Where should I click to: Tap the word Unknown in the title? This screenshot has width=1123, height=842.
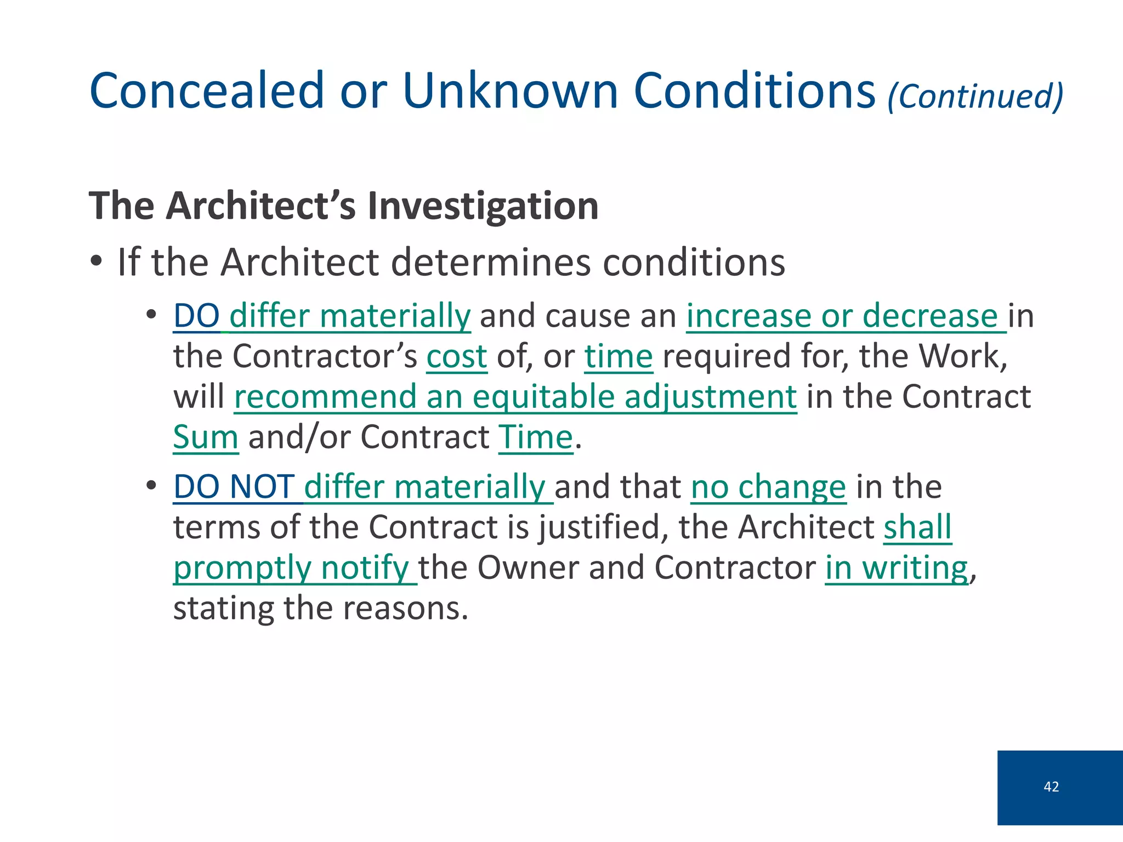[x=511, y=90]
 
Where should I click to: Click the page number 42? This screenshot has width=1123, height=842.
[x=1051, y=787]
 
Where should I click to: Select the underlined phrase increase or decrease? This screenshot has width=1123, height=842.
[x=846, y=316]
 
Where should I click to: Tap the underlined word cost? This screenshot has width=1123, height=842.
[x=457, y=357]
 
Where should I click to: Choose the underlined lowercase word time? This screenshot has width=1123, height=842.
[x=619, y=357]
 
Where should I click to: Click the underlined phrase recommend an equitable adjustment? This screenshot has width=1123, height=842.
[x=515, y=397]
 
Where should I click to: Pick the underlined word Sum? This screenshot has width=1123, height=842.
[x=206, y=437]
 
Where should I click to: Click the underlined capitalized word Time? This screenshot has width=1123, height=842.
[x=536, y=437]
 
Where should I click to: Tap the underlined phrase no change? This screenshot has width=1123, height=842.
[x=768, y=487]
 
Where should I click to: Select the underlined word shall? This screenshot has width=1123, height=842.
[x=917, y=527]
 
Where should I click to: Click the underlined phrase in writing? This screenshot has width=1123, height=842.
[x=897, y=568]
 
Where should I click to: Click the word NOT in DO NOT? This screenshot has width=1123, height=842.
[x=262, y=487]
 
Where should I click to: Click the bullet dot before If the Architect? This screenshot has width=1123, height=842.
[x=97, y=261]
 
